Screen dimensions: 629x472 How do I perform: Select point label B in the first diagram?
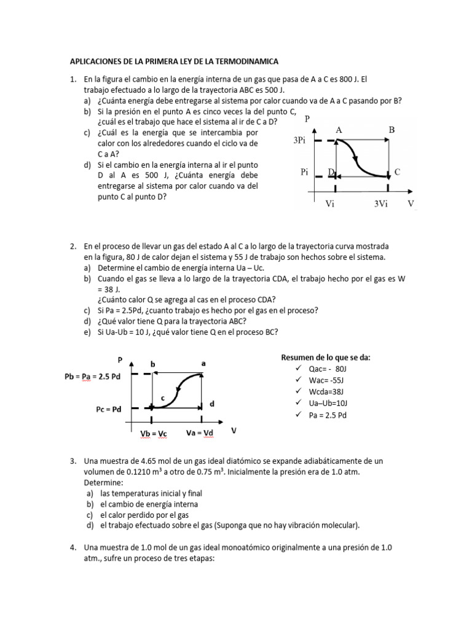tap(391, 130)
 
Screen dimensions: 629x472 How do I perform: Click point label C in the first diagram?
tap(398, 173)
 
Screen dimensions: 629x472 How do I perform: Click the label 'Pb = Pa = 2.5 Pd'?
tap(93, 376)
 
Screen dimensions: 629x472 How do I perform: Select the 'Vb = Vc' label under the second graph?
tap(154, 434)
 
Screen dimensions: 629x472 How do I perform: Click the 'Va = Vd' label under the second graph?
tap(201, 433)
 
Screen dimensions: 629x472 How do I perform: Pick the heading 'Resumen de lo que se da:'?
tap(325, 357)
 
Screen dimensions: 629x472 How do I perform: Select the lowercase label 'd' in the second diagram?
tap(212, 404)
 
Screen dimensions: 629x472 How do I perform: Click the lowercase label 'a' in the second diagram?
tap(203, 364)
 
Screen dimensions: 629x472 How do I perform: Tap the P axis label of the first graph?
tap(307, 119)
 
